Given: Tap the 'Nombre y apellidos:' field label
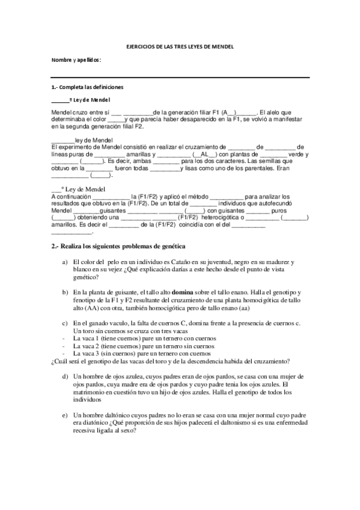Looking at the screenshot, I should coord(76,60).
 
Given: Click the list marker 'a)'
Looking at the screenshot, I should coord(64,262).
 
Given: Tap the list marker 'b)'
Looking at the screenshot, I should coord(64,291).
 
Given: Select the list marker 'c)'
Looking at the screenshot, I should coord(64,323).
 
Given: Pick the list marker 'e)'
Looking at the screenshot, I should coord(64,416).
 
